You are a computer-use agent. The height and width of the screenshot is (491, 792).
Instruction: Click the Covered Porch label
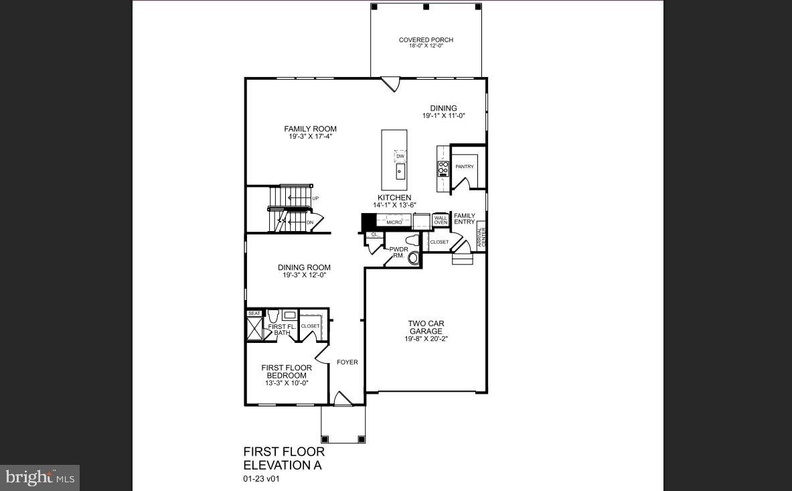pos(426,40)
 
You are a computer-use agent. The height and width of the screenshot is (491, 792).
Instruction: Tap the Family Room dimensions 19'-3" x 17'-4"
pos(310,137)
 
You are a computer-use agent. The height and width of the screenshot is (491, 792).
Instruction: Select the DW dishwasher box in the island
pos(400,157)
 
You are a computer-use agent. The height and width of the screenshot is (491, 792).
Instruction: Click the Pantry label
pos(465,167)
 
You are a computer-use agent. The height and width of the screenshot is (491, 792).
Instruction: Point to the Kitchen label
pos(394,198)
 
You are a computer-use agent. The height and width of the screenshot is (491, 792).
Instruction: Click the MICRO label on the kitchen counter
pos(394,222)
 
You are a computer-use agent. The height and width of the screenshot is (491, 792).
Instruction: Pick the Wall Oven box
pos(441,220)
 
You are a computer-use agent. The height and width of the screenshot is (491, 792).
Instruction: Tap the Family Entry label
pos(465,219)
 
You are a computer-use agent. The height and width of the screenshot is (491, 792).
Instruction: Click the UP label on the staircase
pos(315,198)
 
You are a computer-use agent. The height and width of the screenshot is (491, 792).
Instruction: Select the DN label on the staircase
pos(310,222)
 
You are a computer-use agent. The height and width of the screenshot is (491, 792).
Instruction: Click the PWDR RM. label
pos(398,253)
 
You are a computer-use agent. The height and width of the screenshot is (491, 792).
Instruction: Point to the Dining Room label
pos(304,268)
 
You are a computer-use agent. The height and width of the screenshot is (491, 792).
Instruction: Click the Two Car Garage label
pos(426,328)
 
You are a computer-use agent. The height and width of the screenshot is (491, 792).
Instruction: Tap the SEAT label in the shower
pos(254,313)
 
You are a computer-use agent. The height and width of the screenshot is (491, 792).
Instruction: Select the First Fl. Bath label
pos(281,330)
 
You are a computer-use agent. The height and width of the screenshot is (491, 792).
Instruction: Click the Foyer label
pos(347,362)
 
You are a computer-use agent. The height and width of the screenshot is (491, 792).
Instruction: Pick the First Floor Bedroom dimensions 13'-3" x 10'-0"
pos(286,383)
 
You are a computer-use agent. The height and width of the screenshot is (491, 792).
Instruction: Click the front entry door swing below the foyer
pos(343,399)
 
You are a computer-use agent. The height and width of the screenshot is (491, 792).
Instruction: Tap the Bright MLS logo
pos(39,478)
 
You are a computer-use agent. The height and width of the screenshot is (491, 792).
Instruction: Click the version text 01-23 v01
pos(260,479)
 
